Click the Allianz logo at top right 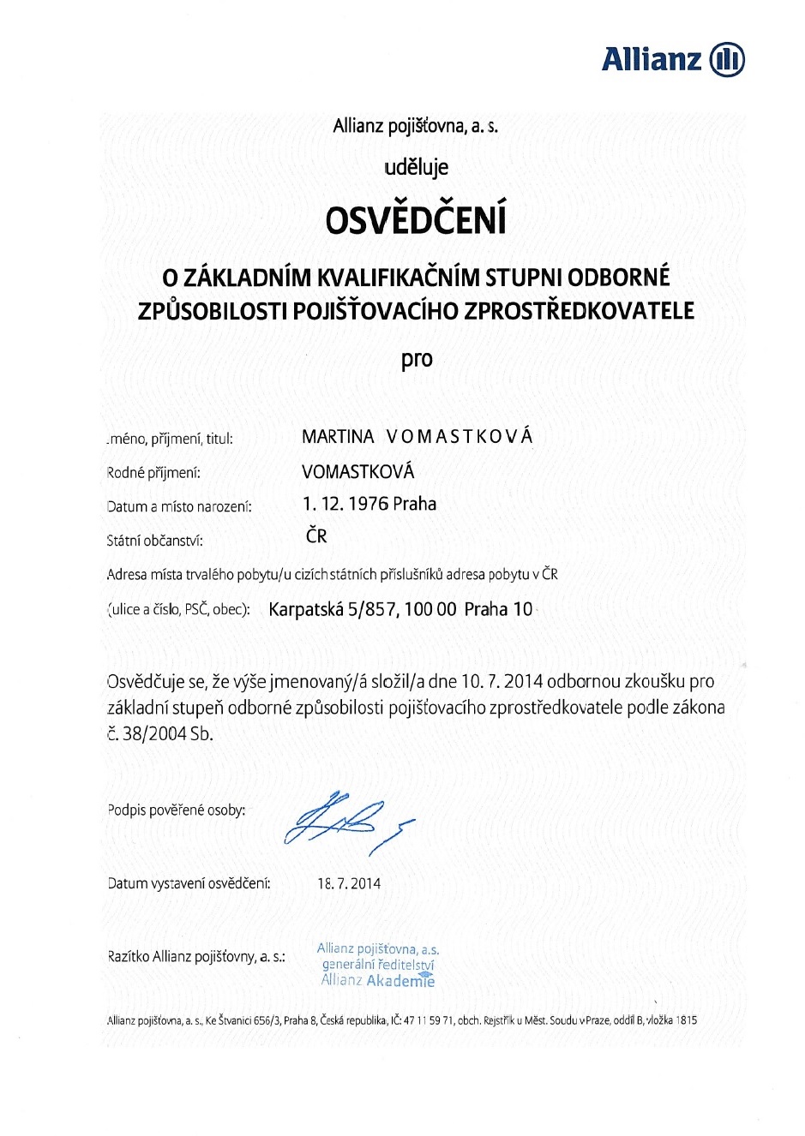[673, 59]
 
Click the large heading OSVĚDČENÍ [416, 220]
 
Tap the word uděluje [416, 167]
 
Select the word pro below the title [417, 359]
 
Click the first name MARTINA [338, 437]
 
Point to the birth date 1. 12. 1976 [345, 504]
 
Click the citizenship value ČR [316, 536]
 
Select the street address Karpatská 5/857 [333, 609]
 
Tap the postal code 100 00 [430, 609]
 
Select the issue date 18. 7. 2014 [349, 883]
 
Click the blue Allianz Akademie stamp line [378, 981]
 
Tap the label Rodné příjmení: [153, 472]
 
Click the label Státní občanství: [155, 541]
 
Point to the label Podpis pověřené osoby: [177, 810]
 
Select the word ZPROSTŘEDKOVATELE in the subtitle [579, 311]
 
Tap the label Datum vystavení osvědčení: [189, 883]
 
